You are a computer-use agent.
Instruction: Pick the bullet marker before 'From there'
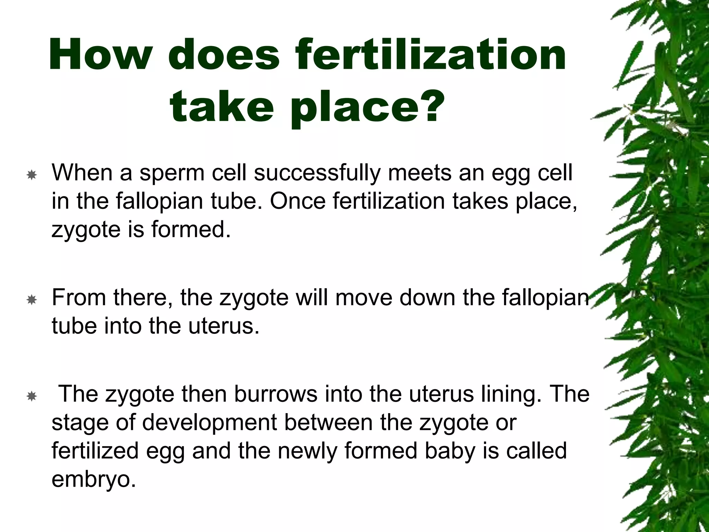[32, 300]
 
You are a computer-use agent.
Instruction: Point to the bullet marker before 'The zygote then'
[32, 396]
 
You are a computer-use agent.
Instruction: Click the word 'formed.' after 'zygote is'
[191, 229]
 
